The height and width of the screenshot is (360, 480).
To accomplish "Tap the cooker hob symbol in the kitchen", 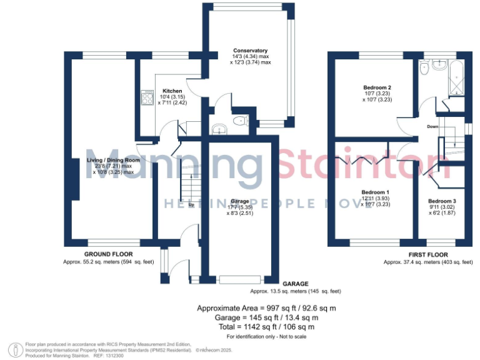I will pos(148,97).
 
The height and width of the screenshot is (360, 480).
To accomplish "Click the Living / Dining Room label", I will pos(112,160).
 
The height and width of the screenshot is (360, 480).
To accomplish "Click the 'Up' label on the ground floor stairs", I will pos(191,205).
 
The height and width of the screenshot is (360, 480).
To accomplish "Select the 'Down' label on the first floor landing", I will pos(432,126).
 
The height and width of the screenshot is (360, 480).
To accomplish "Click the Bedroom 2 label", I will pos(377,87).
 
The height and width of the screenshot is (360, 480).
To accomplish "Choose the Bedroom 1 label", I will pos(375,192).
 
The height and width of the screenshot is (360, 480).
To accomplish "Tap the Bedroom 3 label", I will pos(446,201).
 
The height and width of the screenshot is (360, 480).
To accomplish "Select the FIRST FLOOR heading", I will pos(428,254).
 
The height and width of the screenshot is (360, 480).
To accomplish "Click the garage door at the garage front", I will pos(241,279).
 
